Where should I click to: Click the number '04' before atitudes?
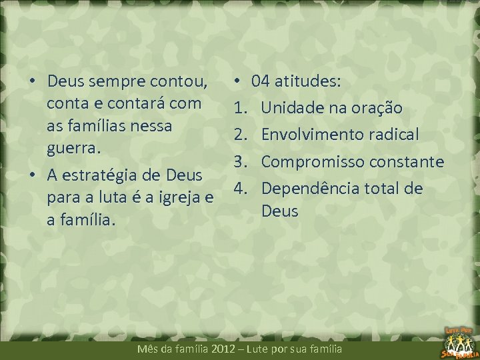coord(261,82)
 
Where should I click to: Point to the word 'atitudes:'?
coord(308,82)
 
